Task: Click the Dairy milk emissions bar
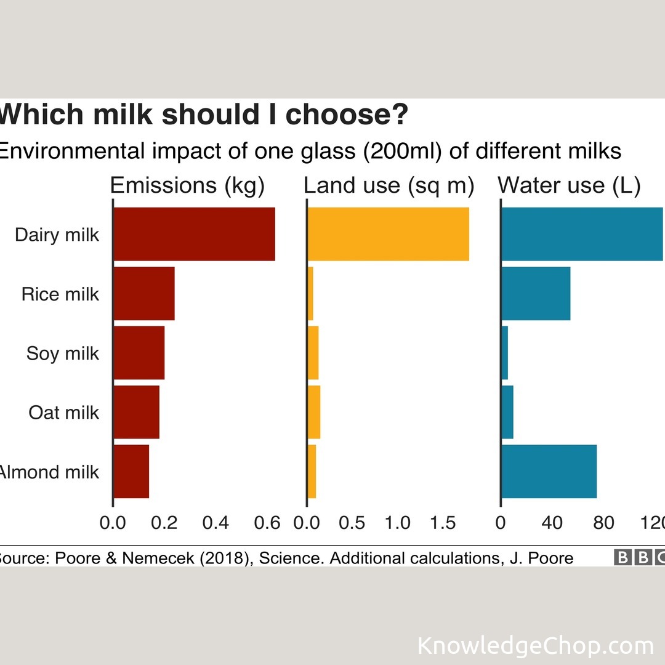click(x=194, y=234)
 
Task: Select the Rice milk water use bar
click(x=536, y=294)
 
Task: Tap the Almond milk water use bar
click(x=549, y=472)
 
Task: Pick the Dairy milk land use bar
click(x=388, y=234)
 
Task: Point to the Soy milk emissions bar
click(x=139, y=353)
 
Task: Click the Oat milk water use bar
click(x=507, y=412)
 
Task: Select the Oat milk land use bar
click(x=314, y=412)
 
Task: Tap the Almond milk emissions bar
click(x=131, y=472)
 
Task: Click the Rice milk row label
click(x=60, y=294)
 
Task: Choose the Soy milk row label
click(x=62, y=353)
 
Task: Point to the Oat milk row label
click(x=63, y=413)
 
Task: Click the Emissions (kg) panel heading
click(x=187, y=185)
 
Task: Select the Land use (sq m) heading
click(x=389, y=185)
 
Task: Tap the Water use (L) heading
click(x=569, y=185)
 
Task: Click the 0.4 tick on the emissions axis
click(x=216, y=523)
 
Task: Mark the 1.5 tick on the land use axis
click(x=441, y=523)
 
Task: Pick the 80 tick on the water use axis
click(x=603, y=523)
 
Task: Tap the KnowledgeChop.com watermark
click(x=535, y=646)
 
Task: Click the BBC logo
click(x=639, y=558)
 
